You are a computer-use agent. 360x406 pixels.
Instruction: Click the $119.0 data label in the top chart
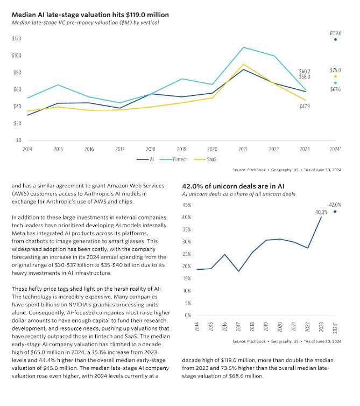335,33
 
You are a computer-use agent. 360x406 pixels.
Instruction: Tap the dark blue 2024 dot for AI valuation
335,39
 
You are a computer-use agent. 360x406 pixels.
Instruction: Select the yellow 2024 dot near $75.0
335,76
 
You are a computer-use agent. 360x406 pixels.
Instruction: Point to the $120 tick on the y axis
17,39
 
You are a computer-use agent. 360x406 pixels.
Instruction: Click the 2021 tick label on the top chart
243,148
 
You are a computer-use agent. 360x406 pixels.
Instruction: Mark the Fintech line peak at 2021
243,47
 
